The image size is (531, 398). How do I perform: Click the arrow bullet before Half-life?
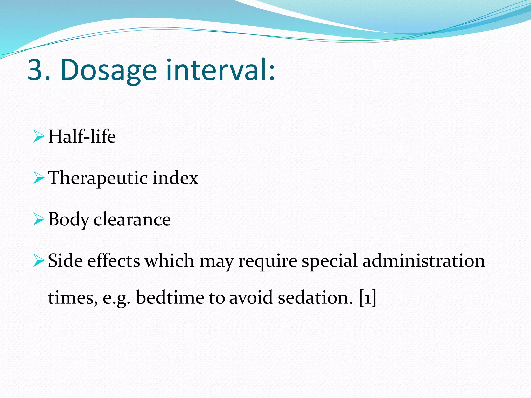click(39, 137)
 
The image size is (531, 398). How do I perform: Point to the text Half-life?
click(82, 136)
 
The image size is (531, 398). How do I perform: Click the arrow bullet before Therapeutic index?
click(39, 178)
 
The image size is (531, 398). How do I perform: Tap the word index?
click(175, 178)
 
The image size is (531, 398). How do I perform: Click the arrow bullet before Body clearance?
click(39, 219)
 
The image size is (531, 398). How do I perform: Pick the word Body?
click(68, 220)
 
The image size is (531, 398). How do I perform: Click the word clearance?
click(132, 219)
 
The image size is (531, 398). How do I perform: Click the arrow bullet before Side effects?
click(39, 261)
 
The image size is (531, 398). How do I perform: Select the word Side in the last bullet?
click(65, 261)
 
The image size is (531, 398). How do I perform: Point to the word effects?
click(114, 261)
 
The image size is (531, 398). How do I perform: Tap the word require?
click(268, 261)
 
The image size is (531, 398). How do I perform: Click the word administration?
click(423, 261)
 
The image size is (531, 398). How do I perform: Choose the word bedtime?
click(170, 297)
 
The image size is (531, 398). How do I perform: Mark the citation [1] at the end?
click(368, 297)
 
